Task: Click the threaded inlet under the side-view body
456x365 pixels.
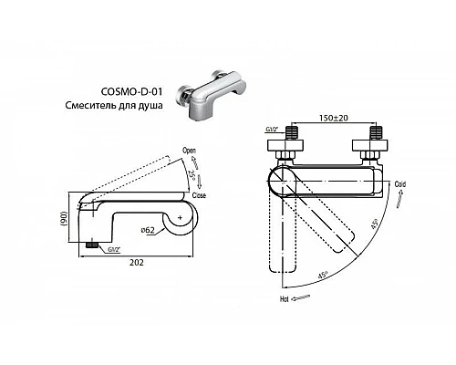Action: [92, 245]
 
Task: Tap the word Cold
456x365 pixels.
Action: [399, 183]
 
